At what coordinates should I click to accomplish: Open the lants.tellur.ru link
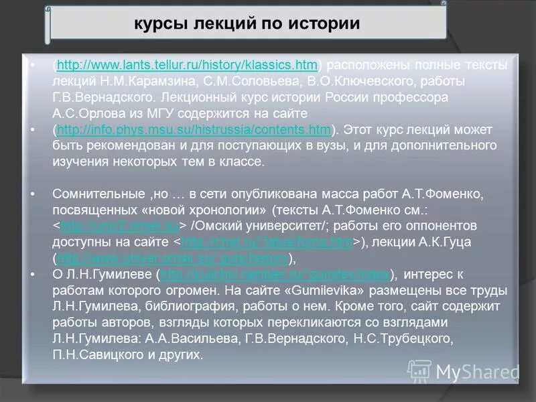[x=187, y=65]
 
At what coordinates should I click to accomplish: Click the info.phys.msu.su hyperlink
[x=194, y=129]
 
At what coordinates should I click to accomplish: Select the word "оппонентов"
[x=444, y=226]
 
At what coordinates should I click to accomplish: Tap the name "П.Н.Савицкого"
[x=100, y=354]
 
